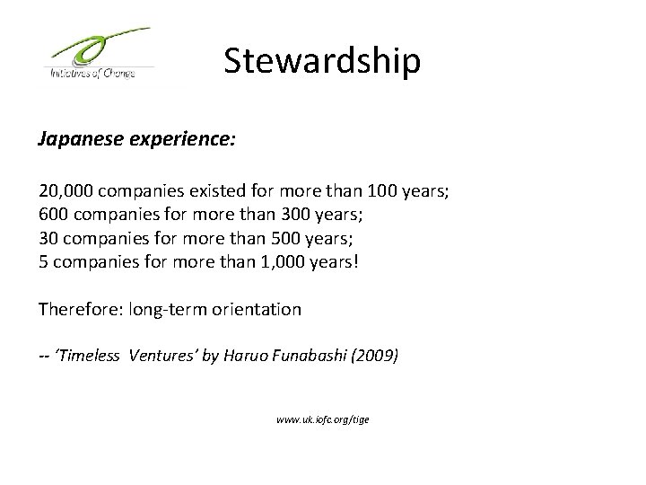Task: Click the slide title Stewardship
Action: [x=321, y=61]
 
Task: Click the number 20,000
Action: [x=66, y=191]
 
